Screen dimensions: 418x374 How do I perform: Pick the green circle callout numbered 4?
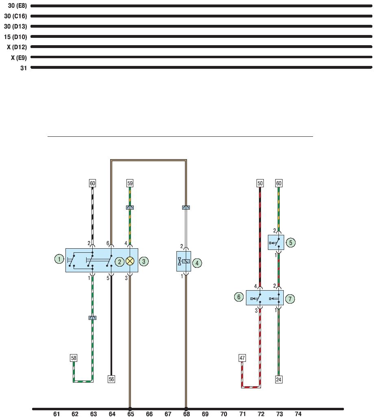197,263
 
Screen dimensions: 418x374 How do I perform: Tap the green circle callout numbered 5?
291,243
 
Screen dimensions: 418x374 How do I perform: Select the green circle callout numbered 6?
239,298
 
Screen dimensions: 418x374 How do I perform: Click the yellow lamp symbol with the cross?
130,261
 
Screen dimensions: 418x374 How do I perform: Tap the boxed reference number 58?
74,358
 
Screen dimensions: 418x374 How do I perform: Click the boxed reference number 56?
111,379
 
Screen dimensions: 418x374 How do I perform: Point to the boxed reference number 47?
242,358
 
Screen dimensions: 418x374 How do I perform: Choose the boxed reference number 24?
278,379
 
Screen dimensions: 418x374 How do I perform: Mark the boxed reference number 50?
260,184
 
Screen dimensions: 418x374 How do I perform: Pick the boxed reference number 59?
130,184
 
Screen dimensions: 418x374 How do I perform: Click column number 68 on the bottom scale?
186,414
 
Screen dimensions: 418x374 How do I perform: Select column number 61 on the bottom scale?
57,414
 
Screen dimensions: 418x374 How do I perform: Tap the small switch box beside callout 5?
276,243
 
